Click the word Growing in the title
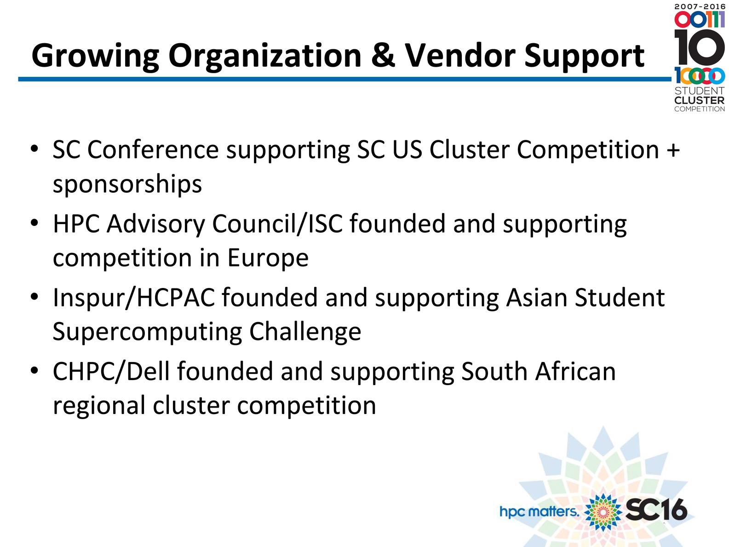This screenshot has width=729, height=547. pos(95,56)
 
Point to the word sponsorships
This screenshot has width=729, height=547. pos(127,184)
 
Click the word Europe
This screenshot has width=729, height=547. pos(268,258)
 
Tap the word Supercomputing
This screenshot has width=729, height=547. pos(148,332)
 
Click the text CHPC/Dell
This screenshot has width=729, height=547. pos(111,371)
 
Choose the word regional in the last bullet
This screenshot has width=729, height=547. pos(99,406)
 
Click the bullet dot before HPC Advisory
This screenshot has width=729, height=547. pos(34,223)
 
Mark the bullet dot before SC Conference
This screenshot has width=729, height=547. pos(34,149)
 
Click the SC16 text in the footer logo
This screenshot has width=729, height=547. pos(656,509)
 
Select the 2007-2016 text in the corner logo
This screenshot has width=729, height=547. pos(700,6)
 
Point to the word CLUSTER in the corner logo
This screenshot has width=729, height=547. pos(700,100)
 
